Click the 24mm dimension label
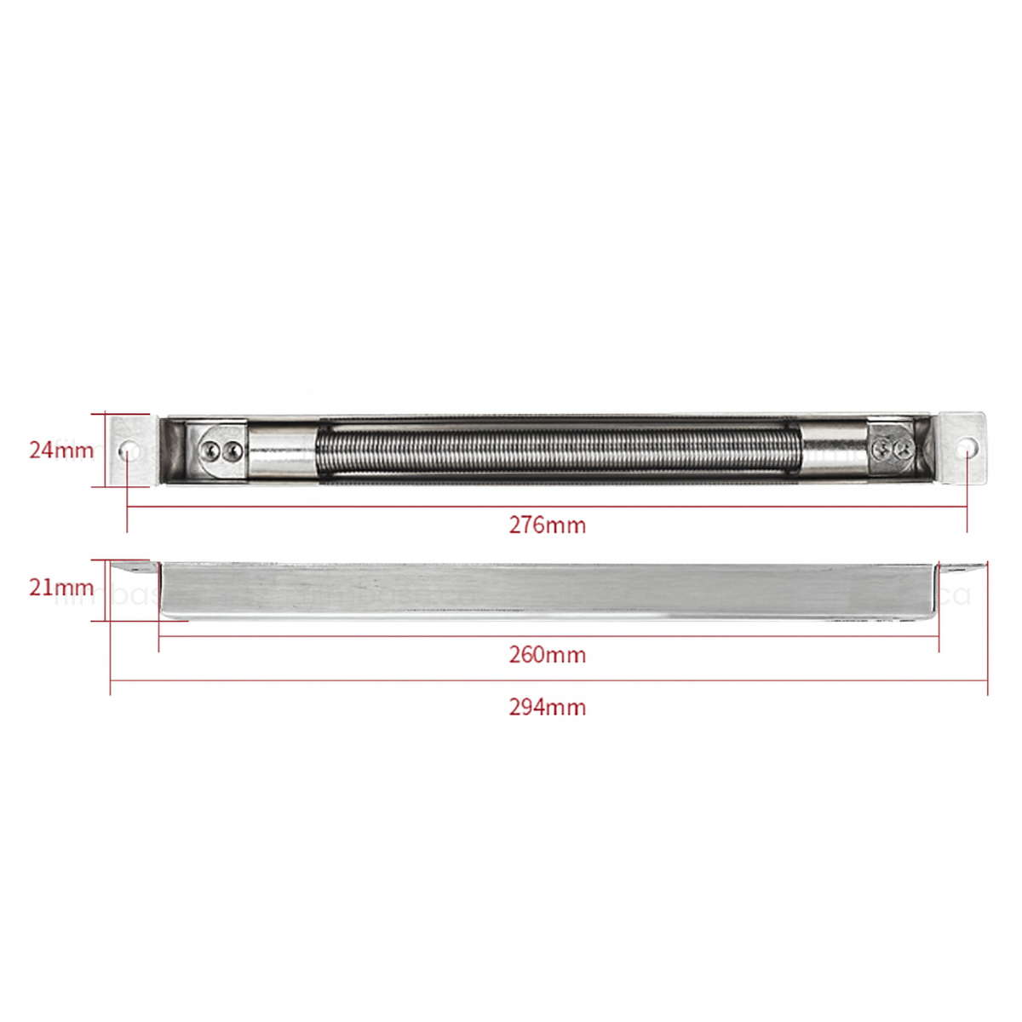click(61, 450)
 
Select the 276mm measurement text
click(548, 525)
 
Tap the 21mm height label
click(61, 587)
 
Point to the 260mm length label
click(548, 655)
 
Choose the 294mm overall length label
click(548, 707)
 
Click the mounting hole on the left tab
click(129, 449)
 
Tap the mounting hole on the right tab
click(967, 446)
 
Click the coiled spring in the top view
click(558, 451)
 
